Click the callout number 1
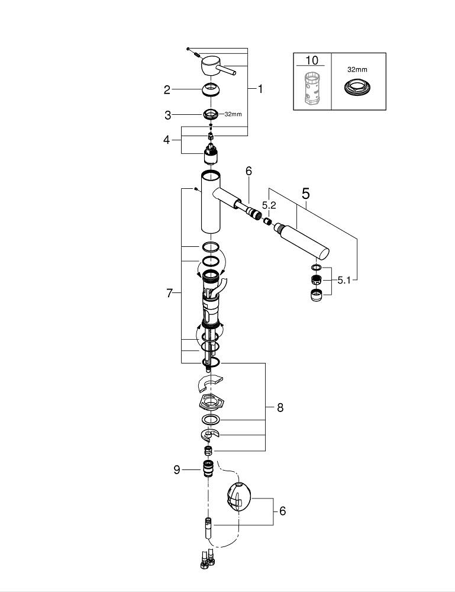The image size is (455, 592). point(260,89)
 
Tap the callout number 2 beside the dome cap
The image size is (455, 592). point(167,90)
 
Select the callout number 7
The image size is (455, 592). point(169,292)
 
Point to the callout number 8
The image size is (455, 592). point(280,407)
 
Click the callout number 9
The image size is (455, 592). point(176,469)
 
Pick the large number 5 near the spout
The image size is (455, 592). point(305,193)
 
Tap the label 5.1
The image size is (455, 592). point(344,281)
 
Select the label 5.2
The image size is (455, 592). point(269,205)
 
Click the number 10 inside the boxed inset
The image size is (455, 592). point(311,60)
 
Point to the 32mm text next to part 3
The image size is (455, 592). point(233,114)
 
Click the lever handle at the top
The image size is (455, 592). point(216,67)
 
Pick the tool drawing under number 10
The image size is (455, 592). point(311,88)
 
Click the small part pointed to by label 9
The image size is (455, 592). point(208,468)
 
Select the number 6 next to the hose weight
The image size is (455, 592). point(282,510)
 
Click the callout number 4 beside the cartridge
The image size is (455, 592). point(167,140)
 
